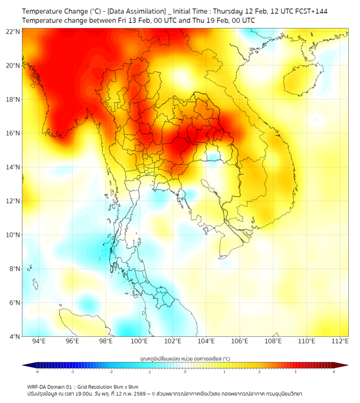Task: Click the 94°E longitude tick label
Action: pyautogui.click(x=39, y=341)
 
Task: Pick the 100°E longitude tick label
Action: pyautogui.click(x=139, y=341)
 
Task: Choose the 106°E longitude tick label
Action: pyautogui.click(x=240, y=341)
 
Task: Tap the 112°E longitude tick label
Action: pyautogui.click(x=340, y=341)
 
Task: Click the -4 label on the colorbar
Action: pyautogui.click(x=37, y=372)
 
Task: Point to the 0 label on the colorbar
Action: pyautogui.click(x=185, y=372)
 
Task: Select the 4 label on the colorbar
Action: pyautogui.click(x=333, y=372)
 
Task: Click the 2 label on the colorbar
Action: pyautogui.click(x=259, y=372)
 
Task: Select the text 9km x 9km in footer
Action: pyautogui.click(x=123, y=386)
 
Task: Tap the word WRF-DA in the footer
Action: pyautogui.click(x=37, y=386)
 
